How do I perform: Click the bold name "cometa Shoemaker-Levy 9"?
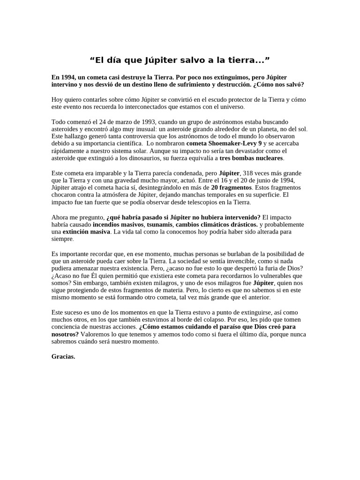point(224,143)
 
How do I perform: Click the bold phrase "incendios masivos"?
point(118,225)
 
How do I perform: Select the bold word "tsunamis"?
point(160,225)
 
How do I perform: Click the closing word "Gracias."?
point(63,356)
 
